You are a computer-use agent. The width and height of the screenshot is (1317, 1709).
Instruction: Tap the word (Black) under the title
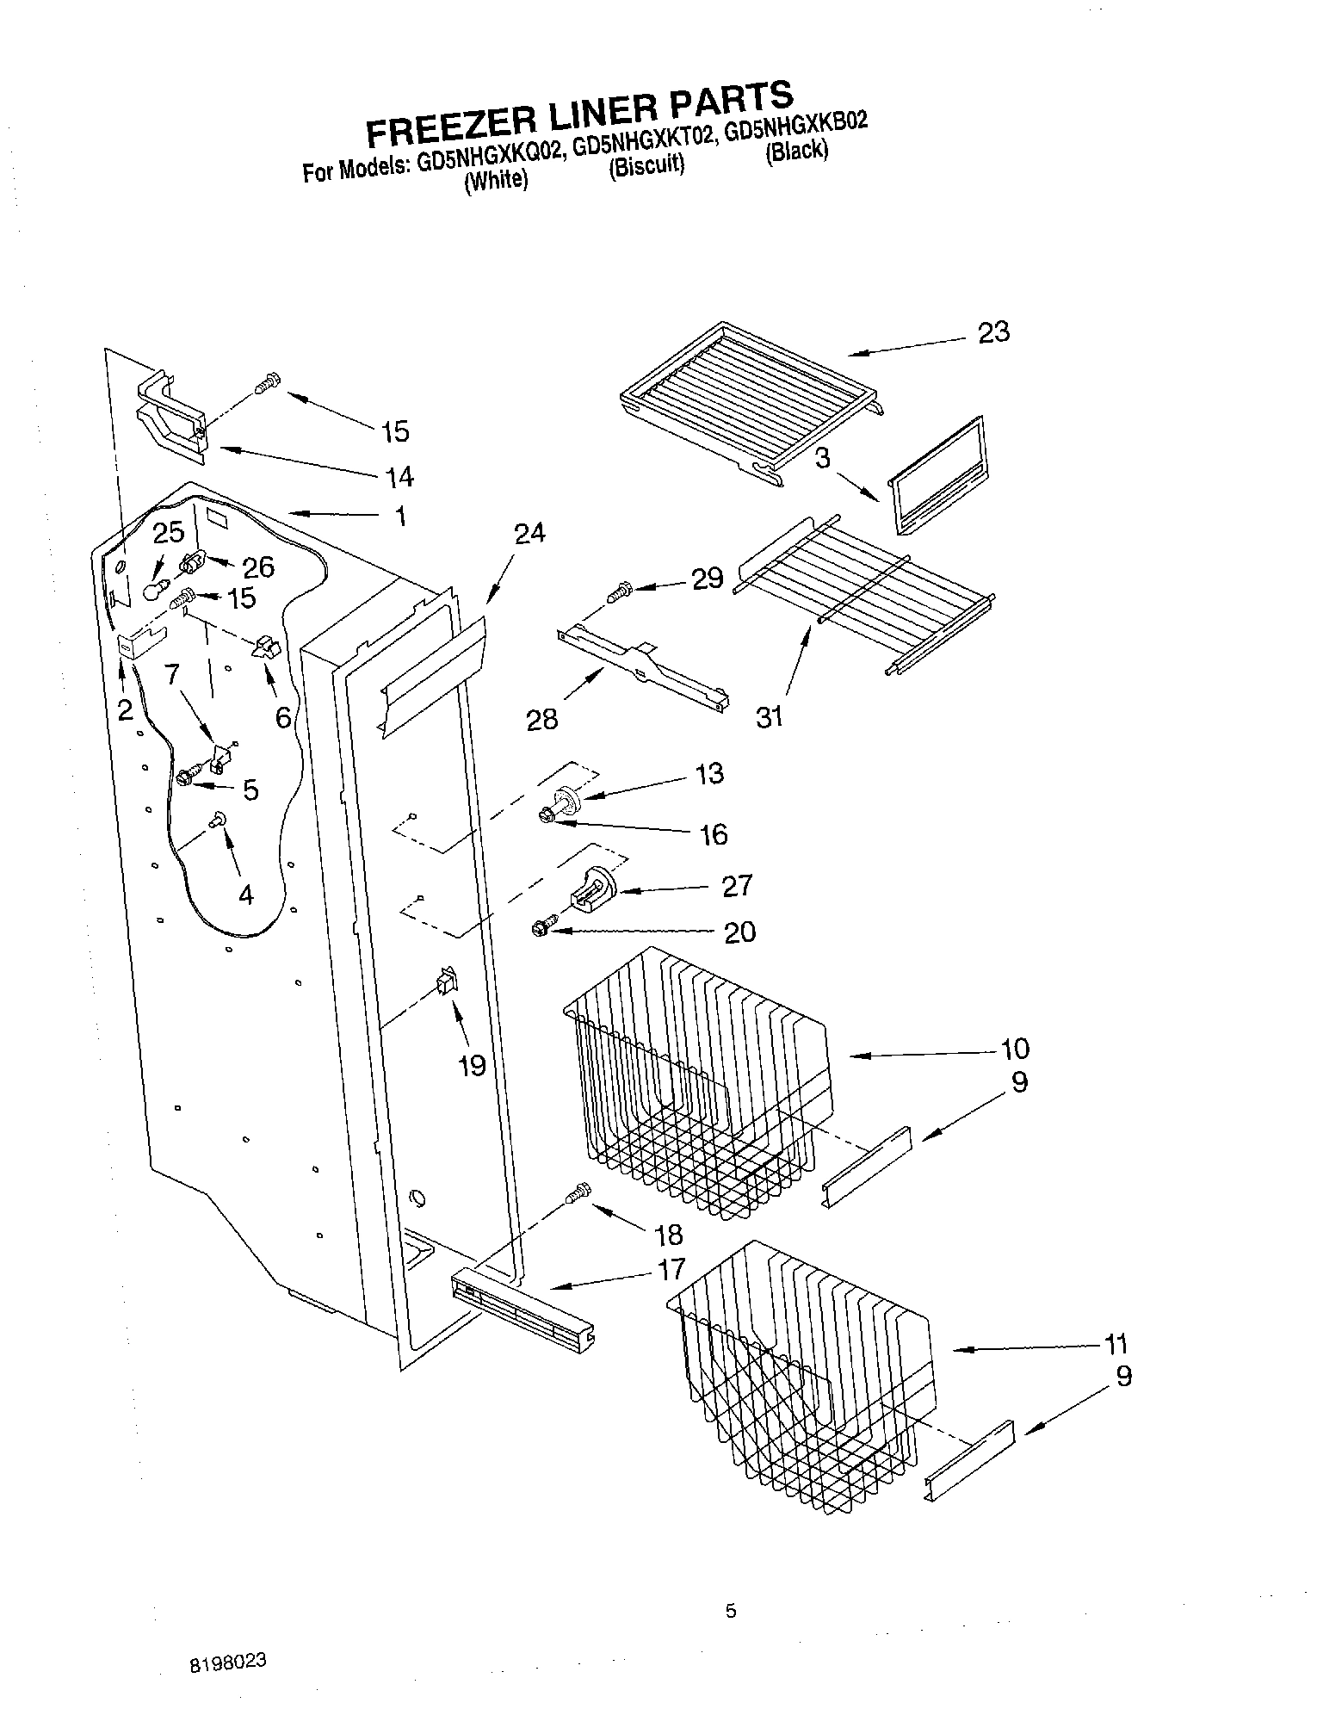pos(797,152)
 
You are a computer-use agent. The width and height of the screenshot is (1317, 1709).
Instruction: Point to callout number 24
pos(529,534)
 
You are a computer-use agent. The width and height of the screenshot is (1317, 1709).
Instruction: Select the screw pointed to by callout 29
pos(619,592)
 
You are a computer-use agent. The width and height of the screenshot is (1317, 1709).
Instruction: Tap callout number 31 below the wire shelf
pos(769,715)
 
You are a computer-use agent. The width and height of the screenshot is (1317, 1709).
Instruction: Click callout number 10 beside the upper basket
pos(1015,1049)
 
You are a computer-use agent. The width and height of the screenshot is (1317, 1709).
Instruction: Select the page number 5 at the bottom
pos(731,1612)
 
